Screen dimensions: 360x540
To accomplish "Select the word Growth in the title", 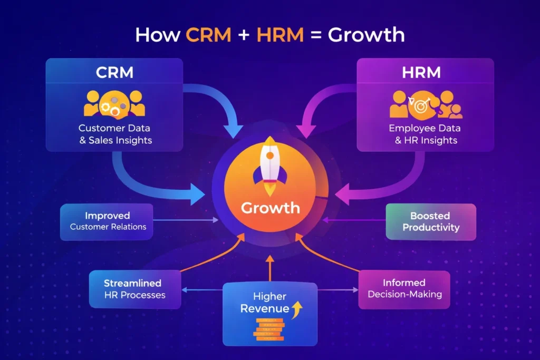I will click(365, 35).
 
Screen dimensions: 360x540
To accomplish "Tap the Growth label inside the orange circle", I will click(270, 207).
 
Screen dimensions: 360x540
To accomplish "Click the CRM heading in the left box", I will click(114, 72).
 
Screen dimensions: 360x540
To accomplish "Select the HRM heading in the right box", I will click(425, 72).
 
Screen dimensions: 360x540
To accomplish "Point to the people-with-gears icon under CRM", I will click(114, 103).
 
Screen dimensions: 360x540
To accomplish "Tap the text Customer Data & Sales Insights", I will click(115, 134).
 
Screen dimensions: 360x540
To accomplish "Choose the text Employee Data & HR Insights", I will click(425, 134).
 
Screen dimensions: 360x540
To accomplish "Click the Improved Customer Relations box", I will click(107, 221).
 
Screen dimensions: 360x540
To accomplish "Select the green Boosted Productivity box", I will click(430, 222).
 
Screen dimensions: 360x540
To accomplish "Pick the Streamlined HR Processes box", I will click(135, 289).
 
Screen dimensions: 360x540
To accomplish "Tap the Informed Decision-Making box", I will click(404, 289).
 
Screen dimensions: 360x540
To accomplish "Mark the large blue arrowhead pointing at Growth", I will click(198, 193).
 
